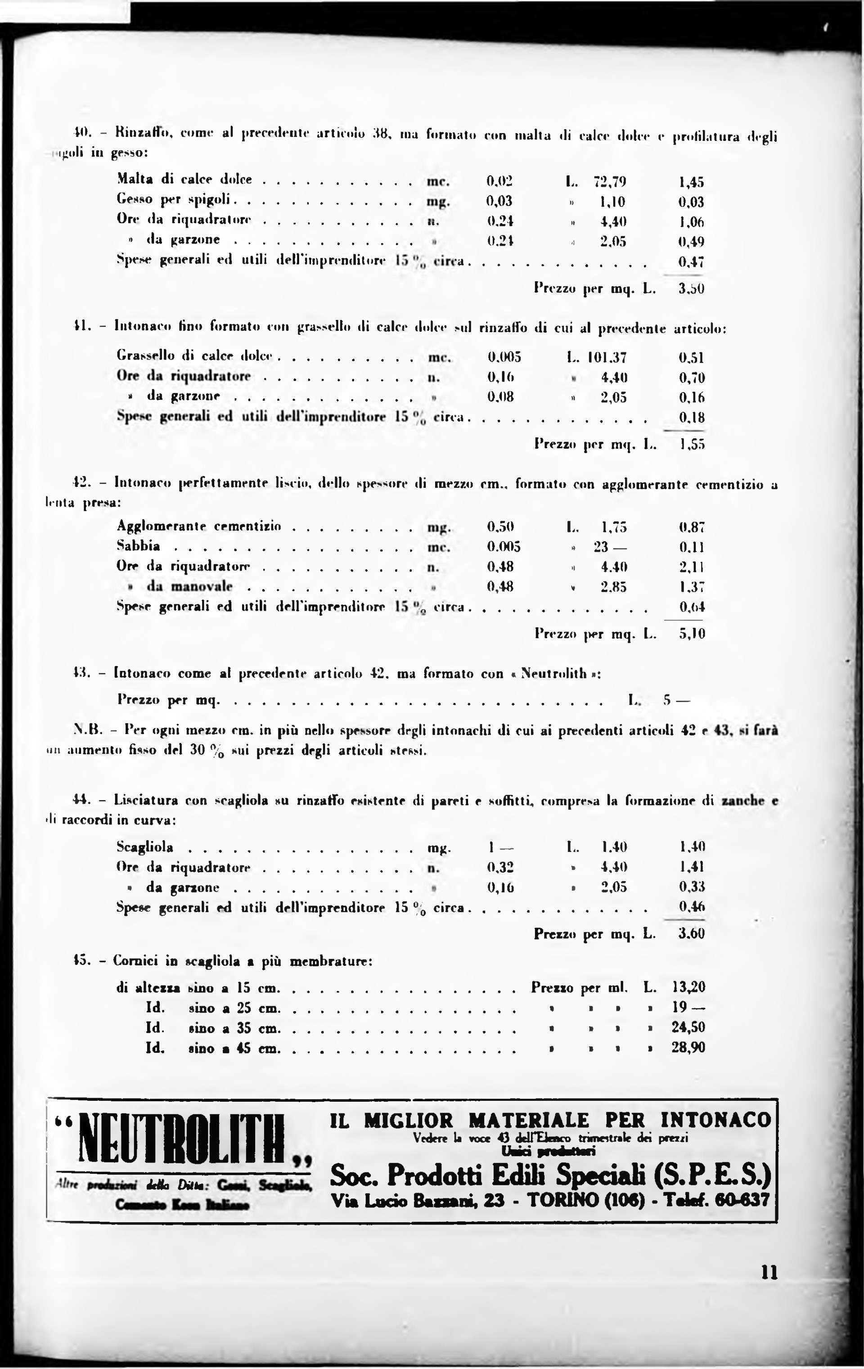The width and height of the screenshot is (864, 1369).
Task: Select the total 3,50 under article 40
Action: (691, 289)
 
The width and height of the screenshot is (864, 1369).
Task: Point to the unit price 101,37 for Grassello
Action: (607, 358)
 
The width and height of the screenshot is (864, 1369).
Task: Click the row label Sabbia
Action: (138, 546)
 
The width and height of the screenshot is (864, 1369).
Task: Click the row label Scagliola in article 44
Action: (145, 847)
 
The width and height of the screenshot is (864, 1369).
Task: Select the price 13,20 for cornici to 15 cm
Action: (688, 987)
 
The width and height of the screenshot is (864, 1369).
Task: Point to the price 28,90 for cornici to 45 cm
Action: (688, 1047)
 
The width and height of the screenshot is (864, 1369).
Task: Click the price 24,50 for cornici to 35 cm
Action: (688, 1027)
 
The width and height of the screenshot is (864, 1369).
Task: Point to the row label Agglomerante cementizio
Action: (199, 527)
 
